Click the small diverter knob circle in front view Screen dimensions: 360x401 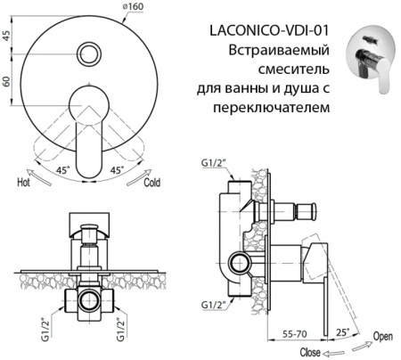point(90,53)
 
